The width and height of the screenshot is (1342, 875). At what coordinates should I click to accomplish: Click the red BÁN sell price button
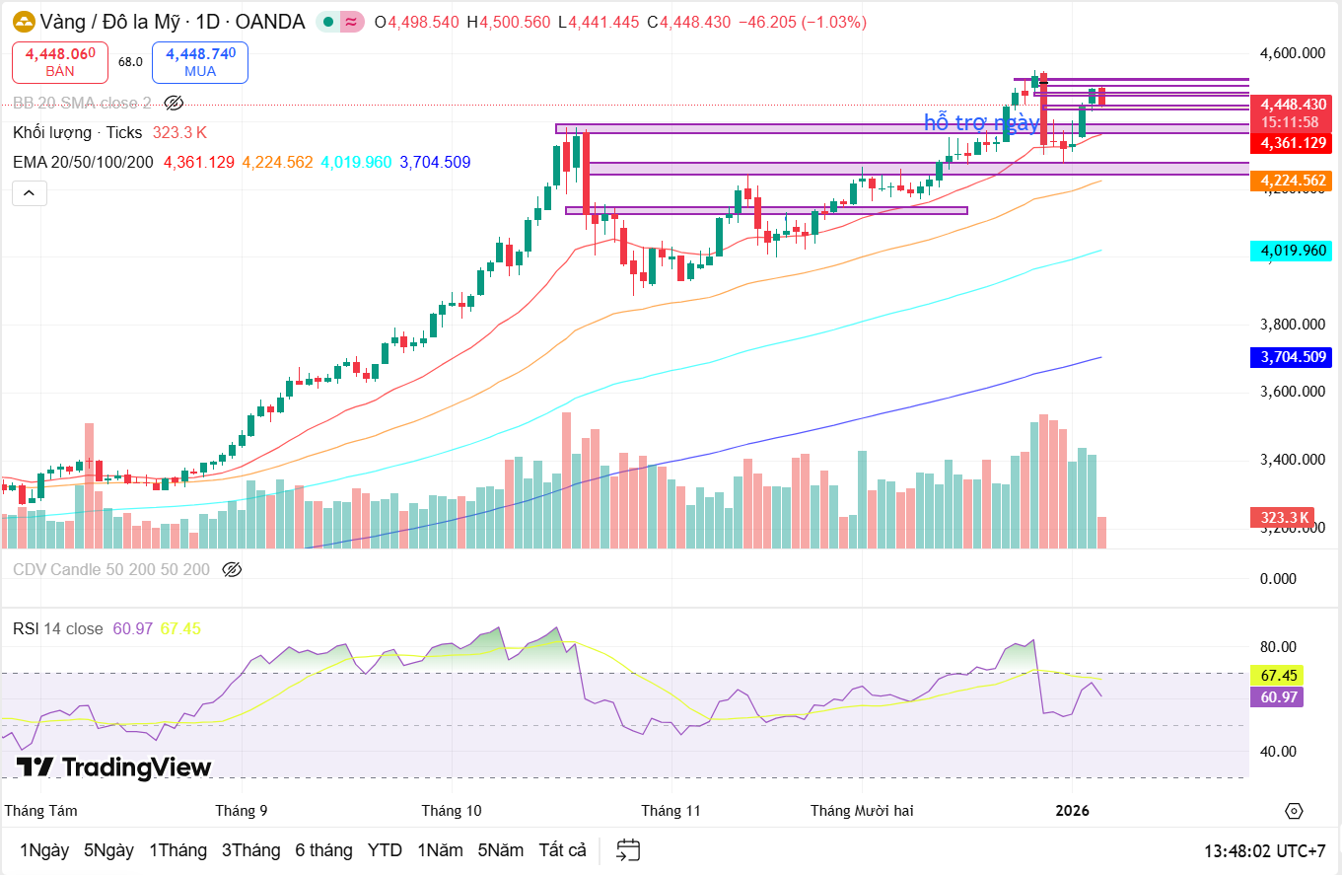click(x=59, y=62)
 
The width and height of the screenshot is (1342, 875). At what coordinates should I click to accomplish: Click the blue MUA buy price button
click(x=199, y=62)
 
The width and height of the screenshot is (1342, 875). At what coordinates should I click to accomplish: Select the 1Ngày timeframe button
click(x=44, y=850)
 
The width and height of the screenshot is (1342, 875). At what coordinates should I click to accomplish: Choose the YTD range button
click(x=385, y=850)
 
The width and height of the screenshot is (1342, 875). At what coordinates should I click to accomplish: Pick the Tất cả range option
click(x=562, y=850)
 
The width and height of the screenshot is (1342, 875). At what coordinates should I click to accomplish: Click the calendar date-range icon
click(x=628, y=850)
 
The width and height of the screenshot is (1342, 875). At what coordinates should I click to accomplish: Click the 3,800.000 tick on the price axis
click(x=1294, y=325)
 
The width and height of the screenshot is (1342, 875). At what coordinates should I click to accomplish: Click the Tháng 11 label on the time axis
click(x=671, y=811)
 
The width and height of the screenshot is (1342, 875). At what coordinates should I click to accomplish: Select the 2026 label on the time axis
click(x=1072, y=811)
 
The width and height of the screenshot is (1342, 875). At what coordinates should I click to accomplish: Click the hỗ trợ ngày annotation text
click(x=981, y=123)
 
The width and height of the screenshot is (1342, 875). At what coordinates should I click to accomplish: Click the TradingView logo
click(x=113, y=767)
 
